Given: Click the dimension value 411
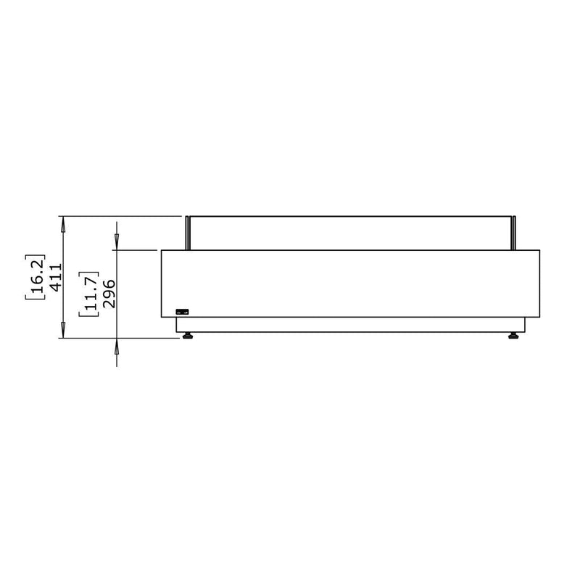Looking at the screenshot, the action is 56,277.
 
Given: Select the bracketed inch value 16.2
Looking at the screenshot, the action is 35,277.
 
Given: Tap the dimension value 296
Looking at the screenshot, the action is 109,294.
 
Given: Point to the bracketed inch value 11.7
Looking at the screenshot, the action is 88,294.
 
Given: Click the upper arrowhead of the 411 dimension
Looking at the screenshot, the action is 63,224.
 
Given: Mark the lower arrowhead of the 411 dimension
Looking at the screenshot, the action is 63,331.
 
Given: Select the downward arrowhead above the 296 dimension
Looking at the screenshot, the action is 117,243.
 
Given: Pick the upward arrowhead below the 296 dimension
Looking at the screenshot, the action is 117,346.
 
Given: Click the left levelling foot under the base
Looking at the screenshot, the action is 188,336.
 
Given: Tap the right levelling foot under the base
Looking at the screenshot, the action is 513,336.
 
